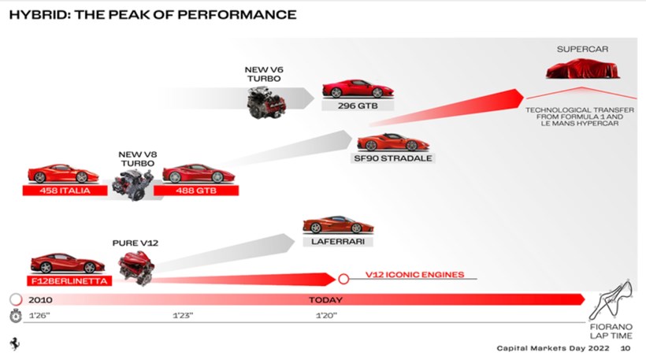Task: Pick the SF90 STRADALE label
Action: (393, 158)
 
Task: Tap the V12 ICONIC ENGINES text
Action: (415, 276)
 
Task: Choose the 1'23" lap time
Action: (182, 316)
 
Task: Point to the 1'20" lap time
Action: (325, 316)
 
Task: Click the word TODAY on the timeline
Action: (325, 300)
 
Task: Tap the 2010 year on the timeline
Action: (40, 300)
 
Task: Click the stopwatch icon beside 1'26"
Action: (14, 316)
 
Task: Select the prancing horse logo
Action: (14, 344)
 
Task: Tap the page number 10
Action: (626, 347)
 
